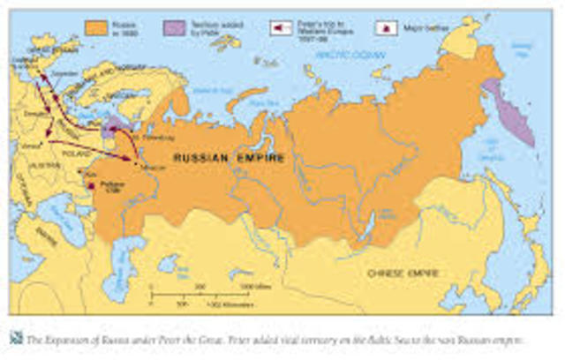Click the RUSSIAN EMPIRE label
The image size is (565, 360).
(x=229, y=158)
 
